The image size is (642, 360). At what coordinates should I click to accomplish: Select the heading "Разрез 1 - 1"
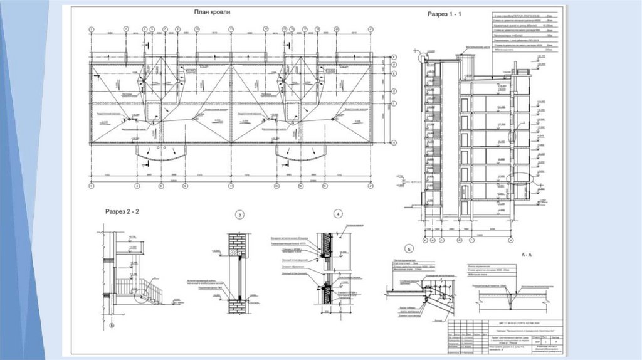[444, 14]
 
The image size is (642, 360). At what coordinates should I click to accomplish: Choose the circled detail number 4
[337, 214]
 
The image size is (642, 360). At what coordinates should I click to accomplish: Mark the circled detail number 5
[410, 248]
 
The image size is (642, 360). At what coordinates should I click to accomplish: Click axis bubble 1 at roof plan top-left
[92, 29]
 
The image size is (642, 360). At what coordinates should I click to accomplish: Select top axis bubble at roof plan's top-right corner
[371, 29]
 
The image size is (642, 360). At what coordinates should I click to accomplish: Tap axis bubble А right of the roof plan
[394, 143]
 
